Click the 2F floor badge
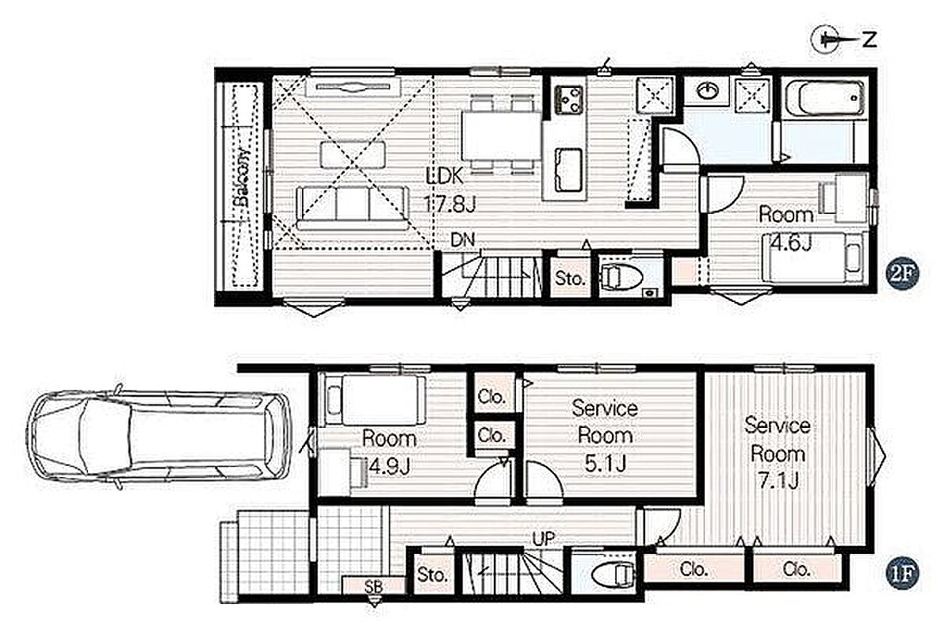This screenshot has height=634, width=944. pyautogui.click(x=902, y=274)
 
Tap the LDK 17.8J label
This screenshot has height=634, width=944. pyautogui.click(x=449, y=190)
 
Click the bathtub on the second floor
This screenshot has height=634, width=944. pyautogui.click(x=824, y=97)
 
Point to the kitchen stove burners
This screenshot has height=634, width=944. pyautogui.click(x=569, y=99)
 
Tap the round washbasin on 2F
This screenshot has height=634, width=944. pyautogui.click(x=708, y=91)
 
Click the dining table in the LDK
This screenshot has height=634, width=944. pyautogui.click(x=501, y=136)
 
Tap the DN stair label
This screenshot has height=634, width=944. pyautogui.click(x=463, y=240)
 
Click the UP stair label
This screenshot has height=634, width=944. pyautogui.click(x=543, y=539)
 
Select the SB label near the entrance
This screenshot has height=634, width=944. pyautogui.click(x=373, y=584)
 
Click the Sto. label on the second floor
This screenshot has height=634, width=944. pyautogui.click(x=570, y=279)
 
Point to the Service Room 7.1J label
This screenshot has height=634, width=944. pyautogui.click(x=777, y=453)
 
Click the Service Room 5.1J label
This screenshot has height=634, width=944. pyautogui.click(x=605, y=435)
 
